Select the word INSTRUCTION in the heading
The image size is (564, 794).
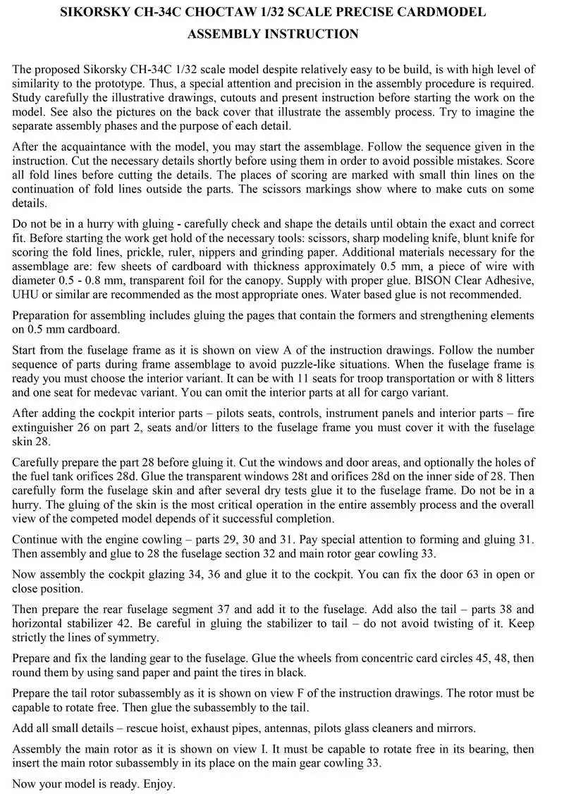coord(313,34)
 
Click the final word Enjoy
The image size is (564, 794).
coord(159,783)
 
